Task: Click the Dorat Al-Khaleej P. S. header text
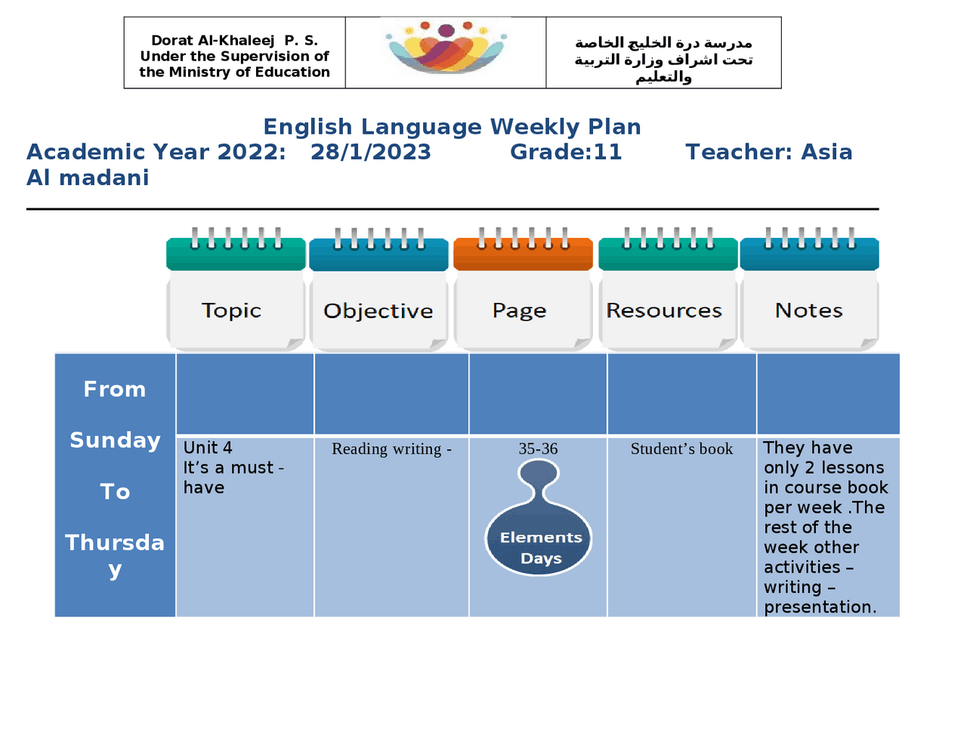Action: click(234, 41)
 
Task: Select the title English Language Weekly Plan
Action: click(452, 127)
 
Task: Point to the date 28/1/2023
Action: click(370, 152)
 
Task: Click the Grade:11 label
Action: click(566, 152)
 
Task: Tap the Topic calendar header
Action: click(232, 310)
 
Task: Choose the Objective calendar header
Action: click(378, 311)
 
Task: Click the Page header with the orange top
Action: click(520, 310)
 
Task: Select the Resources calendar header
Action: click(664, 310)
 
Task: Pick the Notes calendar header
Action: click(808, 310)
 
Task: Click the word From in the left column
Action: click(115, 389)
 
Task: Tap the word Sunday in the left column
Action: click(115, 440)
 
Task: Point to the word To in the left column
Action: click(115, 492)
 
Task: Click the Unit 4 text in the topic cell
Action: click(208, 448)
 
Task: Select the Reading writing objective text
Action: click(391, 449)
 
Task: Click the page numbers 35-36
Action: click(538, 449)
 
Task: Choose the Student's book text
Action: click(681, 449)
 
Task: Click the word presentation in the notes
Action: click(820, 607)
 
